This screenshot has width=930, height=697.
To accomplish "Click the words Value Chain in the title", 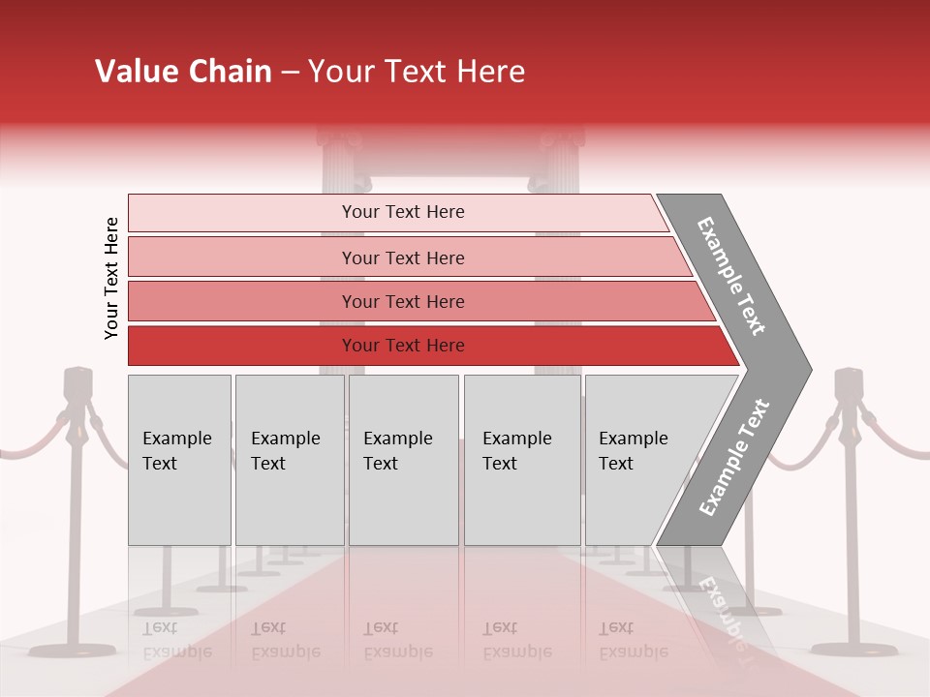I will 183,72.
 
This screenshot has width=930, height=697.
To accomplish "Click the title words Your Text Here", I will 417,72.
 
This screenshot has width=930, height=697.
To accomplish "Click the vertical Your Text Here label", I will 111,278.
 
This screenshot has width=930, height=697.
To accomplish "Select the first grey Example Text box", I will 179,459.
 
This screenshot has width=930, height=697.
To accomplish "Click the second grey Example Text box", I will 289,459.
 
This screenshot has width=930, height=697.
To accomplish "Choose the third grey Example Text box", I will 403,459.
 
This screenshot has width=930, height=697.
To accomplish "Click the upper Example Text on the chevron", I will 732,276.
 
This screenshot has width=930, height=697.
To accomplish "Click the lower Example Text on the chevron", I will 734,457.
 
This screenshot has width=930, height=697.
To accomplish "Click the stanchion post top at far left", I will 77,383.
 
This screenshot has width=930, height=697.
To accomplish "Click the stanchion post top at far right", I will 850,383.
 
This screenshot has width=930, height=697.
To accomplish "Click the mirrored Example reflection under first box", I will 176,651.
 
